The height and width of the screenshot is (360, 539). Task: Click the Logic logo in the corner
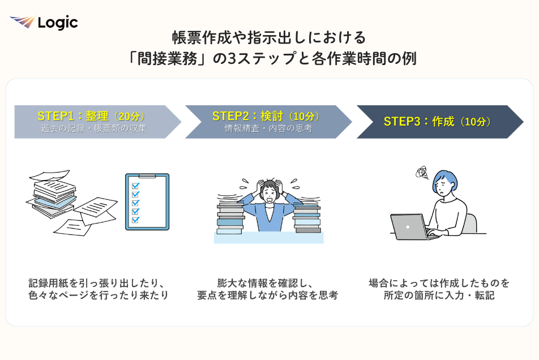(x=44, y=22)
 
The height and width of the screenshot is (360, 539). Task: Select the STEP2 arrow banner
(x=268, y=122)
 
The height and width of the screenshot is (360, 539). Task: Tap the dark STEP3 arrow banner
(x=440, y=122)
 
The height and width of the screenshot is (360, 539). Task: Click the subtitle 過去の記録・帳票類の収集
(x=94, y=128)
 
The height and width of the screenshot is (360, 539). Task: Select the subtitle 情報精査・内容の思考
(x=268, y=128)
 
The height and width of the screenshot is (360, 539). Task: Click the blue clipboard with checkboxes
(x=147, y=202)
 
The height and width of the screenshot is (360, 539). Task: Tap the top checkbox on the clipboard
(x=135, y=186)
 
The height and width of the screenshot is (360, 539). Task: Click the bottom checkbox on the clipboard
(x=135, y=220)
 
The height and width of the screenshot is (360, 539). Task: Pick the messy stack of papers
(x=71, y=203)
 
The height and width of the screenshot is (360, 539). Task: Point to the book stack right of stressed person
(x=307, y=218)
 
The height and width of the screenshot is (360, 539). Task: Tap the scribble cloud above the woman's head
(x=422, y=173)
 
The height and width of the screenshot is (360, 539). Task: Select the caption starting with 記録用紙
(x=99, y=289)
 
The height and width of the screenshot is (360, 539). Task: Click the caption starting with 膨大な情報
(x=268, y=289)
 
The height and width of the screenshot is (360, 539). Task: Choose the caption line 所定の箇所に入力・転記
(x=439, y=295)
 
